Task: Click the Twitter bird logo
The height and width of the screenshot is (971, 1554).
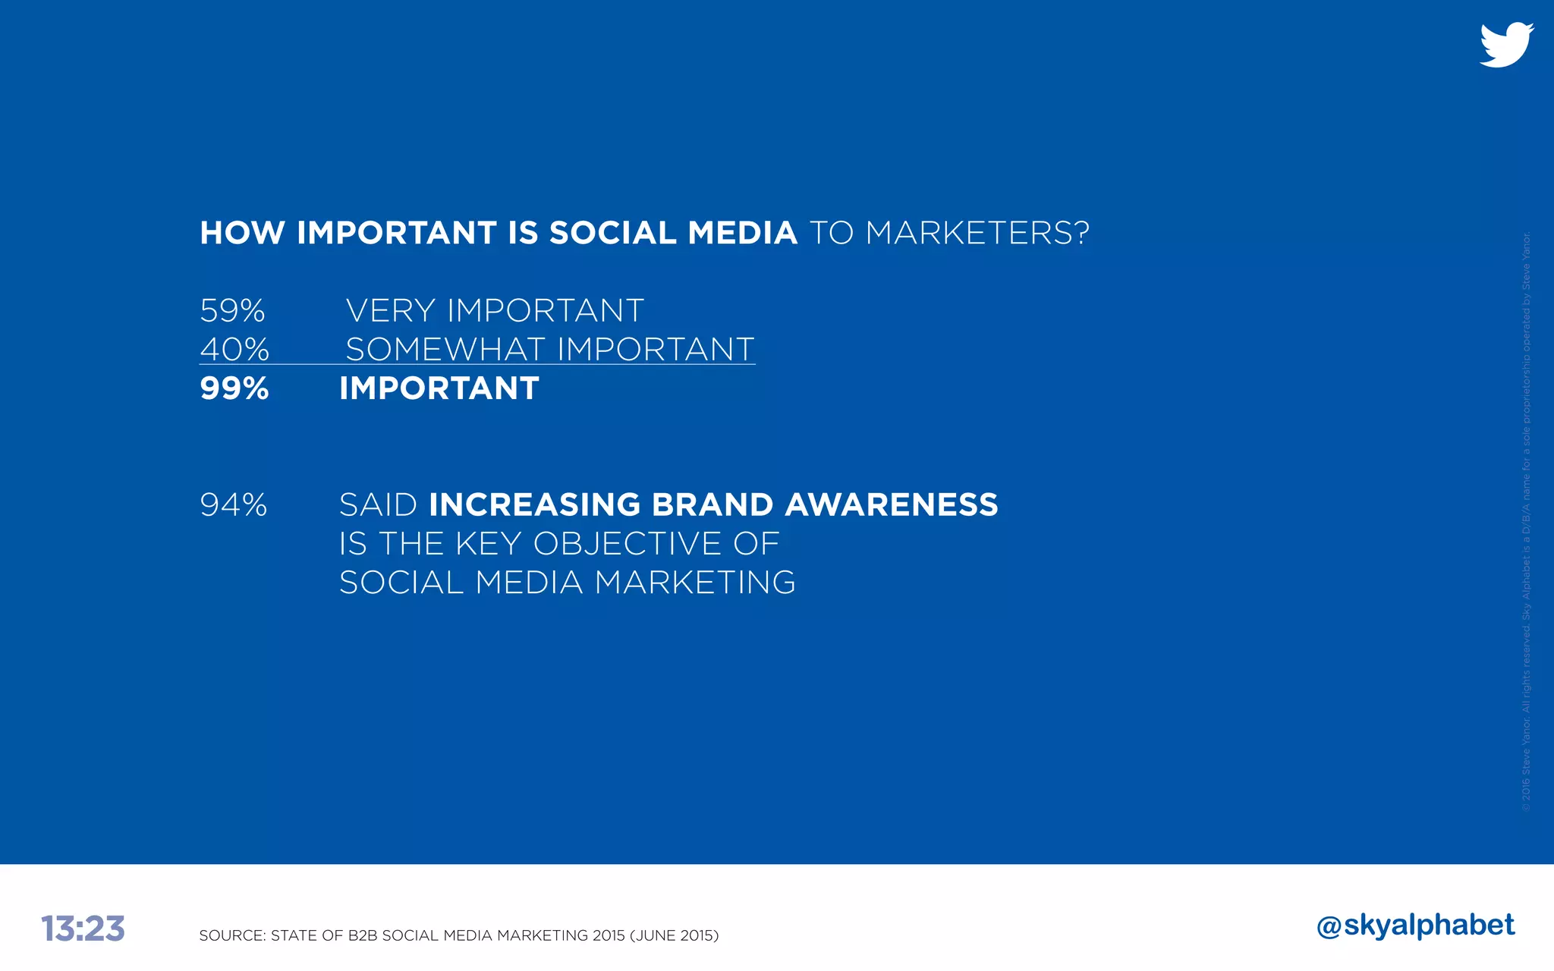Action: point(1506,45)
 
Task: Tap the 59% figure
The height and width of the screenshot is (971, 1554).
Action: point(232,311)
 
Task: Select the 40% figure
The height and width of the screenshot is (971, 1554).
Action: point(234,350)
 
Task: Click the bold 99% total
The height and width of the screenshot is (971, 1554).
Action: point(234,388)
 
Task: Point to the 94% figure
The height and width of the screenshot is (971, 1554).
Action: point(234,505)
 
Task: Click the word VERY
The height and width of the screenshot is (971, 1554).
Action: point(390,311)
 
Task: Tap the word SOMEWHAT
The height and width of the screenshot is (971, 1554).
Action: point(445,350)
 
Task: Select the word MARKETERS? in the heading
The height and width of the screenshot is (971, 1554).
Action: point(977,233)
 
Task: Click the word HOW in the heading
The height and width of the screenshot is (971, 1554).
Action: point(242,233)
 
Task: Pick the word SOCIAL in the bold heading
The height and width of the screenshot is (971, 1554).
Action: point(612,233)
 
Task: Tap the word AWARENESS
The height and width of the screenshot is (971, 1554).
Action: point(892,505)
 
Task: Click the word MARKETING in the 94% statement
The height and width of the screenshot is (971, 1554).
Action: point(695,583)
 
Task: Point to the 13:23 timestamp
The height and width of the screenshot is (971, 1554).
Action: point(83,929)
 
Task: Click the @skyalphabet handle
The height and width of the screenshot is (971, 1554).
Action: point(1416,925)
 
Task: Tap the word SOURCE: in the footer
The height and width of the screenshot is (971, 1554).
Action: point(232,935)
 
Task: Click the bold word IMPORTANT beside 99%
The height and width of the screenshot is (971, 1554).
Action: point(439,388)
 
